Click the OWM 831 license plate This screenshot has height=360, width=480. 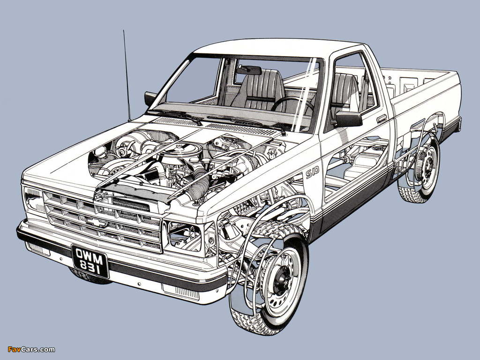(x=90, y=261)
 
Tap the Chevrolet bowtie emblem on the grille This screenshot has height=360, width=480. (x=97, y=223)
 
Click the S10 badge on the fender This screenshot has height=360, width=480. (x=312, y=172)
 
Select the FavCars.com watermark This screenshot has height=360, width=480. (x=31, y=349)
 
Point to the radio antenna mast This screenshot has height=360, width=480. (x=127, y=75)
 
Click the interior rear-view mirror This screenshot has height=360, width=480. (x=249, y=70)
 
